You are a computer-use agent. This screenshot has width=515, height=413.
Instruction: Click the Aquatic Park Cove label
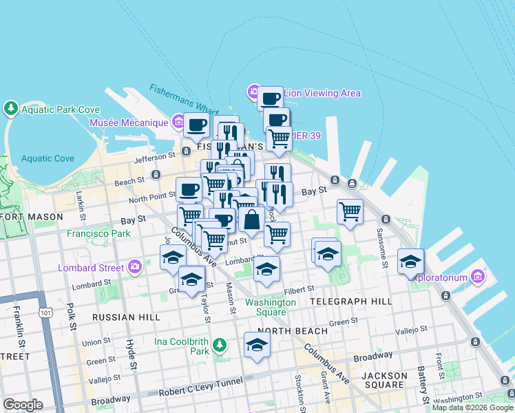(x=60, y=109)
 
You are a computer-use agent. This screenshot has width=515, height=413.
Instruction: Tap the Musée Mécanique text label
(x=129, y=123)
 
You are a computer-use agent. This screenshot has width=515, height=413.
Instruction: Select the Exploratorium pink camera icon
(x=478, y=277)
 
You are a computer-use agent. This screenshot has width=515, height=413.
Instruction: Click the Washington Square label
(x=271, y=307)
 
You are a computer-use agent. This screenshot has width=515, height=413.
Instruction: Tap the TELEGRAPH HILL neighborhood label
(x=351, y=301)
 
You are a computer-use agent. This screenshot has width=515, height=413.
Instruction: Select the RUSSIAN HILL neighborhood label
(x=125, y=317)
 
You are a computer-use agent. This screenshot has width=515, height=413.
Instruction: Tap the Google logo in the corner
(x=23, y=405)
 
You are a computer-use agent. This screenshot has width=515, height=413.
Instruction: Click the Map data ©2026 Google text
(x=472, y=407)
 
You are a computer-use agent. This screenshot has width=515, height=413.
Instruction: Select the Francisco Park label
(x=98, y=233)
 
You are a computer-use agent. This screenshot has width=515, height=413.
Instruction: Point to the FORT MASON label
(x=32, y=216)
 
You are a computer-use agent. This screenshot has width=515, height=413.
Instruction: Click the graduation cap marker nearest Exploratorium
(x=410, y=261)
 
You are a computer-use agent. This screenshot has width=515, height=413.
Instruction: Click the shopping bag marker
(x=252, y=221)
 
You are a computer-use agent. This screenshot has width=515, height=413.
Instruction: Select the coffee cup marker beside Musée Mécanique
(x=196, y=125)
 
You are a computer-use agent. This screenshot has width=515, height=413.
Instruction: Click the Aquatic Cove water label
(x=48, y=158)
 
